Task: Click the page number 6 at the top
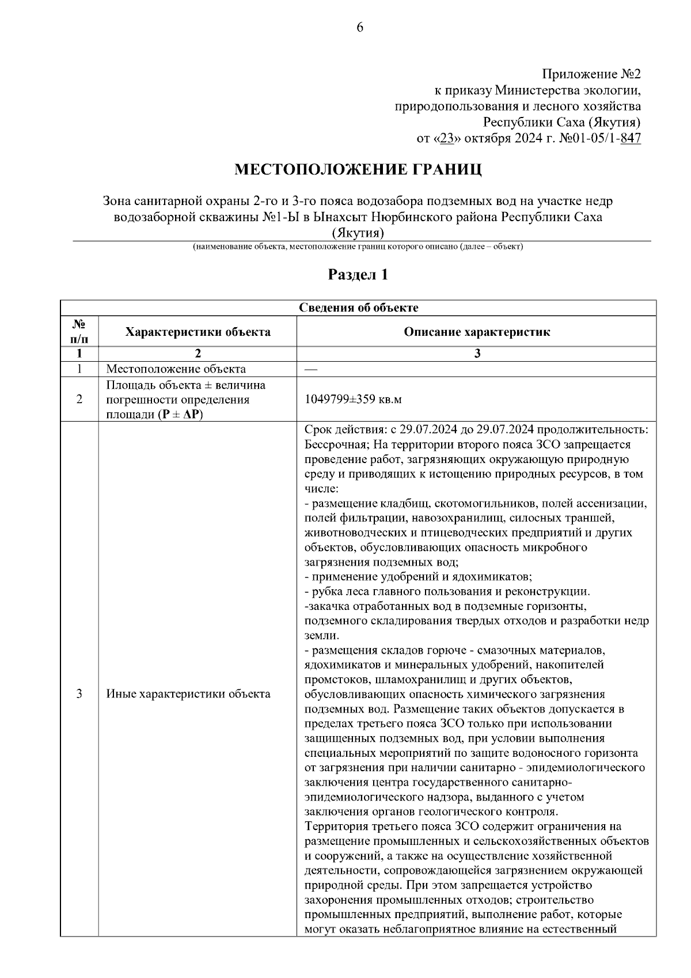pos(360,27)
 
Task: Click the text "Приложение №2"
pos(591,75)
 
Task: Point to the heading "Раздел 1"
pos(358,275)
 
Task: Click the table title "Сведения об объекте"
pos(358,308)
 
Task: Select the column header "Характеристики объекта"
pos(198,332)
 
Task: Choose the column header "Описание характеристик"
pos(476,332)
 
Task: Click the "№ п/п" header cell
pos(79,332)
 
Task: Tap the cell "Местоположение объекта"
pos(176,369)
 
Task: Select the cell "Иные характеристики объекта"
pos(188,694)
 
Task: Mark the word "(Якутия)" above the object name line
pos(358,233)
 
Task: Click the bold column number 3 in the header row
pos(476,354)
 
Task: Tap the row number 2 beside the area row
pos(79,400)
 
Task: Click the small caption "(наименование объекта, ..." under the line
pos(358,247)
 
